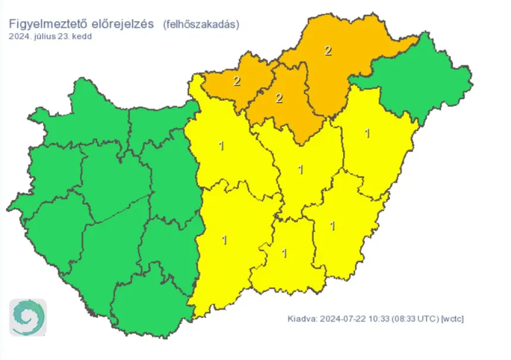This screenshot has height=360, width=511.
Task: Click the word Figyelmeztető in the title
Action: click(x=45, y=24)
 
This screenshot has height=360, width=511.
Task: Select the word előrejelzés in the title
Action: click(x=120, y=24)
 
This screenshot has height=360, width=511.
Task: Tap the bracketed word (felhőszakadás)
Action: click(x=201, y=24)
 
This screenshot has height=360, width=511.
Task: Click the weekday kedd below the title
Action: click(x=83, y=36)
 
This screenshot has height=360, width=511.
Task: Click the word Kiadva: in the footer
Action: click(x=302, y=319)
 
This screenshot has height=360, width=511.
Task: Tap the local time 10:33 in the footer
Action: click(x=374, y=319)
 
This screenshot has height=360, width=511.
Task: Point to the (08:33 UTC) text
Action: click(x=411, y=319)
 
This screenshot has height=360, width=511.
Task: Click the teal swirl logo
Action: click(x=27, y=317)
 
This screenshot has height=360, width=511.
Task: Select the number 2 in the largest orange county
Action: click(x=328, y=50)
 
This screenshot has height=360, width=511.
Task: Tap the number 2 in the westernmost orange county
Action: click(x=237, y=82)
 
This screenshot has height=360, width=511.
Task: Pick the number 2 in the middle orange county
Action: click(x=279, y=98)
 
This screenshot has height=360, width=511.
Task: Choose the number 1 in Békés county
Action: click(x=332, y=225)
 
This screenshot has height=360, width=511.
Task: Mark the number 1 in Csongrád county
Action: click(x=284, y=253)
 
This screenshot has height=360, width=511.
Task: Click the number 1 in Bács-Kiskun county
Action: click(x=224, y=240)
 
